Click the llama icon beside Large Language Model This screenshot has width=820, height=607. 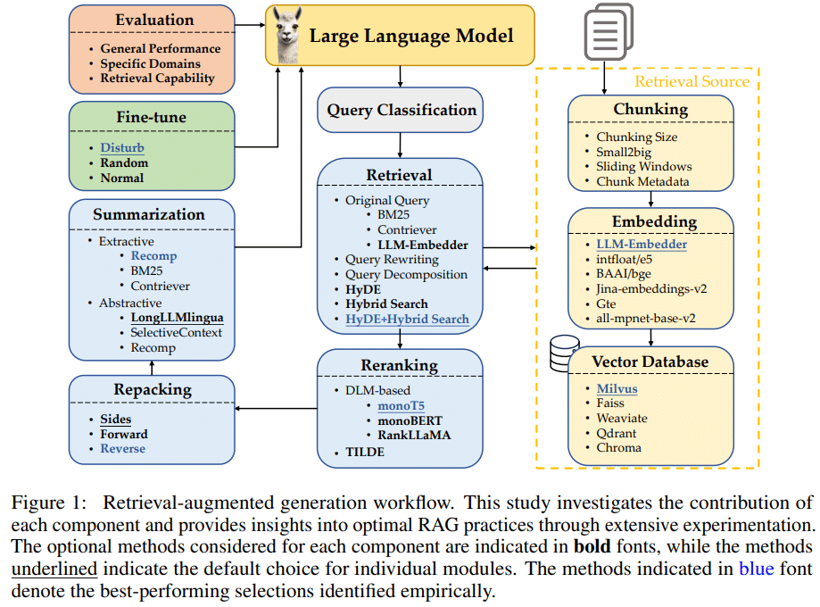tap(288, 35)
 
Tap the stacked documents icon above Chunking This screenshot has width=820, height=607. tap(609, 32)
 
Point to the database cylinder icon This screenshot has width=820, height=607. tap(564, 353)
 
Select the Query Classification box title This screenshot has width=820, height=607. tap(402, 110)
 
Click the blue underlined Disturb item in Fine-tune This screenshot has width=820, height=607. tap(122, 147)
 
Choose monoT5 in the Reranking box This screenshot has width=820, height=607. tap(402, 405)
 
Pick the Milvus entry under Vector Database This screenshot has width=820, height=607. tap(617, 389)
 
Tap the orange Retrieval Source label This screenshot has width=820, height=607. tap(692, 81)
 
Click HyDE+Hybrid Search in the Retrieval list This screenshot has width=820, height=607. tap(407, 320)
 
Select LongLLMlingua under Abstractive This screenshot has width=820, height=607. tap(177, 318)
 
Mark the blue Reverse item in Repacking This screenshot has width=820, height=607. tap(123, 448)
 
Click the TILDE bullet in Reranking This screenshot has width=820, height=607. tap(365, 452)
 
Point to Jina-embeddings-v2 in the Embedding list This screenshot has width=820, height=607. tap(651, 289)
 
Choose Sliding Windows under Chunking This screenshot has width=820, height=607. tap(643, 166)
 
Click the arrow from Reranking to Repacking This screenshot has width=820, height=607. tap(276, 408)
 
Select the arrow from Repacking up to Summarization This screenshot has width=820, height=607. tap(153, 368)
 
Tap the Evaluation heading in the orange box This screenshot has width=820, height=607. tap(154, 20)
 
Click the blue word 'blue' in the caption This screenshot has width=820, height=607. tap(756, 569)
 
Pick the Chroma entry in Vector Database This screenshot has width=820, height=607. tap(618, 448)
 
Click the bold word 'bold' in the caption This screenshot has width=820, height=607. tap(592, 546)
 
